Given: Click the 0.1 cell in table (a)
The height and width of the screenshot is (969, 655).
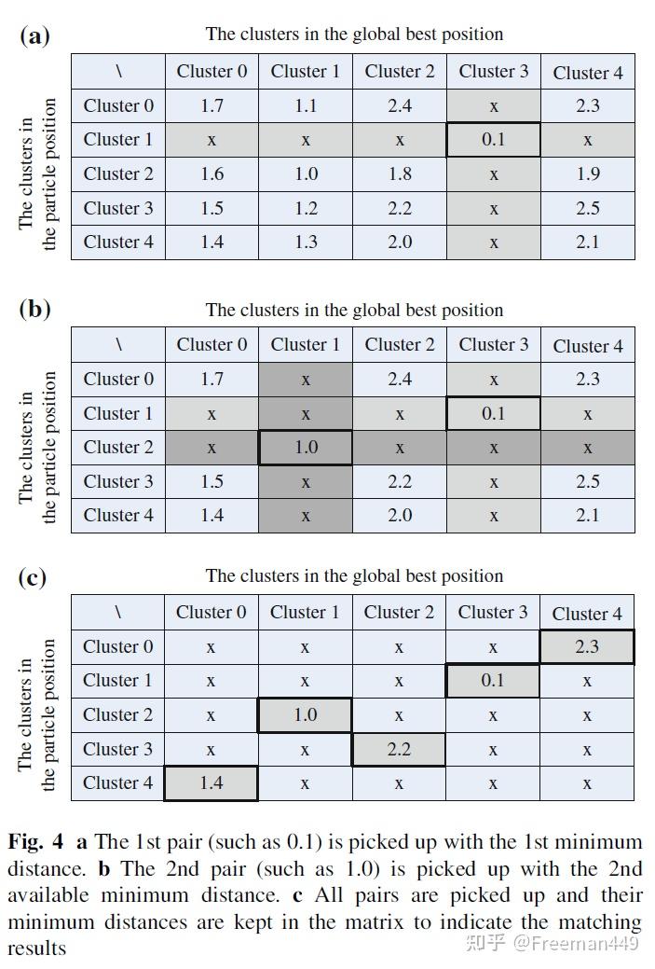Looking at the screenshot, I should point(493,140).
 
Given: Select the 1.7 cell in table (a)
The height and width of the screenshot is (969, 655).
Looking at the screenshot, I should point(212,105).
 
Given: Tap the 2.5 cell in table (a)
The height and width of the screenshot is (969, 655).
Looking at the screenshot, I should point(587,208).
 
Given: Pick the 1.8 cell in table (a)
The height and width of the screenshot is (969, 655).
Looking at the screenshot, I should point(399,173).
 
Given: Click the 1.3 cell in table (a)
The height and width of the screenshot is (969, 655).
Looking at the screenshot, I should point(306,242).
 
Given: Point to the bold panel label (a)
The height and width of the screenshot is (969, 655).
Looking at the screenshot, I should point(34,36).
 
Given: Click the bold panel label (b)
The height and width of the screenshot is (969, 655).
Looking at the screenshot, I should point(34,310).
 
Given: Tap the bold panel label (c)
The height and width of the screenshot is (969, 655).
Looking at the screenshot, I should point(34,576).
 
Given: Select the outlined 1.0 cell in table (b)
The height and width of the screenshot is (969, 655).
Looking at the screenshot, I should point(306,448).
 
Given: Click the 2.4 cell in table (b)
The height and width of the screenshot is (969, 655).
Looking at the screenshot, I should point(399,379).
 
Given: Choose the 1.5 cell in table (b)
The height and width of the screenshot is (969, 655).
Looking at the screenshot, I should point(212,481).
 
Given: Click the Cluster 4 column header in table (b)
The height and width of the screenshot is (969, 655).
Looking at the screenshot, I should point(587,345).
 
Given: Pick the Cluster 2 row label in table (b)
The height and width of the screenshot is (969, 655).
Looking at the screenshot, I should point(118,448).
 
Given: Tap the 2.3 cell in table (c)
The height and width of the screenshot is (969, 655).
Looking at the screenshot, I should point(586,646).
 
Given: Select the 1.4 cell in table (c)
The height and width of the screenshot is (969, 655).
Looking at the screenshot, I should point(211,783).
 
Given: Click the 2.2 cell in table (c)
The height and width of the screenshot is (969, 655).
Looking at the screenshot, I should point(398,749).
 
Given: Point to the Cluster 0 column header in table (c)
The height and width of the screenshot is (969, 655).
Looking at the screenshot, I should point(211,613).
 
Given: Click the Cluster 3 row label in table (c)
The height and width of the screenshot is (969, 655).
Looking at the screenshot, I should point(117,749).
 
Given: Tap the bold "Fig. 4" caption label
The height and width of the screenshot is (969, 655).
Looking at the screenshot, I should point(36,842).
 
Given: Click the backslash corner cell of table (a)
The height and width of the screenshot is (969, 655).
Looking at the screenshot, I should point(118,72).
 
